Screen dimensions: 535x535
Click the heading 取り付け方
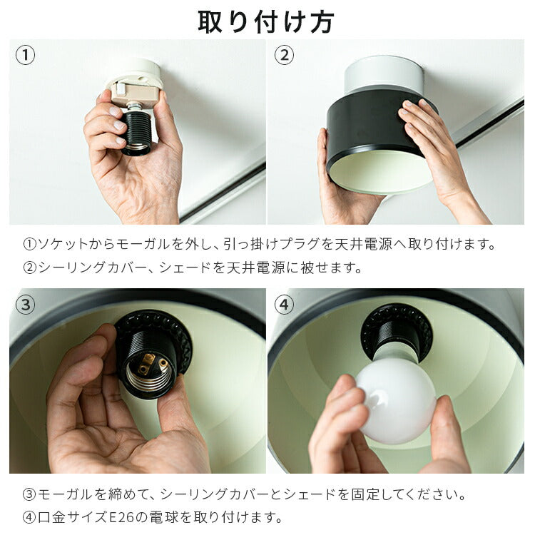(266, 22)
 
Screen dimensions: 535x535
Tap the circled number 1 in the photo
(25, 55)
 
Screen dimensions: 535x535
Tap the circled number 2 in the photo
(284, 55)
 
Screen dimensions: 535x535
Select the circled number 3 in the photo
(25, 305)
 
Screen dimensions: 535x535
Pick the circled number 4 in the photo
(284, 305)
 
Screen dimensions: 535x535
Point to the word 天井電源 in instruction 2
(256, 267)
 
